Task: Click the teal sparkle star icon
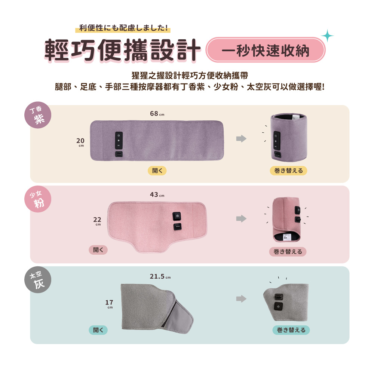point(327,36)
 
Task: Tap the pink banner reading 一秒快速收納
point(266,50)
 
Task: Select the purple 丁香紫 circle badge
point(38,115)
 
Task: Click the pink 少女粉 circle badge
point(38,199)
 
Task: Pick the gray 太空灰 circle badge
point(38,279)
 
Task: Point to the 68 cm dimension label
point(157,114)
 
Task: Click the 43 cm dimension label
point(157,194)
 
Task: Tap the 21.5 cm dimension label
point(160,276)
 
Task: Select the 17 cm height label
point(109,304)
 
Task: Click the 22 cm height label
point(97,221)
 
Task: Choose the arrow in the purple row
point(241,139)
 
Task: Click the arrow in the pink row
point(241,218)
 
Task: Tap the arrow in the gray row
point(241,298)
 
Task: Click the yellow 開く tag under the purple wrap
point(157,171)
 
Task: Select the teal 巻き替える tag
point(291,330)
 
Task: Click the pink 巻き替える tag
point(288,252)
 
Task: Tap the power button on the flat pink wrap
point(177,216)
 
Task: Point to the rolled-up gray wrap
point(286,303)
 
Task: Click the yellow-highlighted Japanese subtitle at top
point(123,28)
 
